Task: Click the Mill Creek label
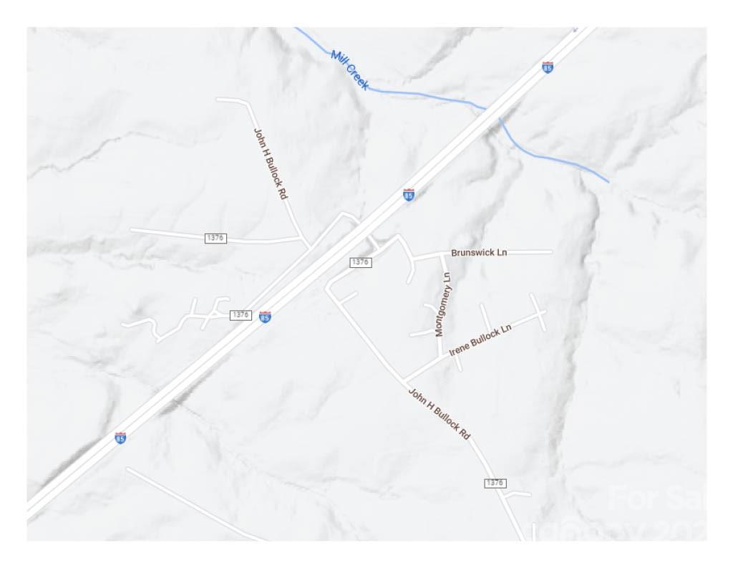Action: [x=350, y=69]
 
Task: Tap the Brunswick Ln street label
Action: [x=479, y=253]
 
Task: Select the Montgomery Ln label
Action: [x=444, y=304]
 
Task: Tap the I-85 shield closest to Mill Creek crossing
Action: [x=548, y=67]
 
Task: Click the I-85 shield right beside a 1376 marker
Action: [x=265, y=317]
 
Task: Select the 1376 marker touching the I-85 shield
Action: [x=241, y=315]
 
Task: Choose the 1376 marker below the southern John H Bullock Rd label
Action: [x=495, y=483]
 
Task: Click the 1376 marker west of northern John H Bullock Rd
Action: [x=215, y=238]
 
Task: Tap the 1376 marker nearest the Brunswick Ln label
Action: [x=360, y=262]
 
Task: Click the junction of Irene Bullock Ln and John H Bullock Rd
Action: [x=404, y=380]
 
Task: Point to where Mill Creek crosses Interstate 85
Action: [x=493, y=113]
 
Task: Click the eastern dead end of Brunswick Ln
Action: [x=551, y=252]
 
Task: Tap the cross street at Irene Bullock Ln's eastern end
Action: [x=538, y=312]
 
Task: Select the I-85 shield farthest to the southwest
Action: [x=120, y=438]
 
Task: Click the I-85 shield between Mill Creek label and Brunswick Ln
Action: [x=409, y=195]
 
